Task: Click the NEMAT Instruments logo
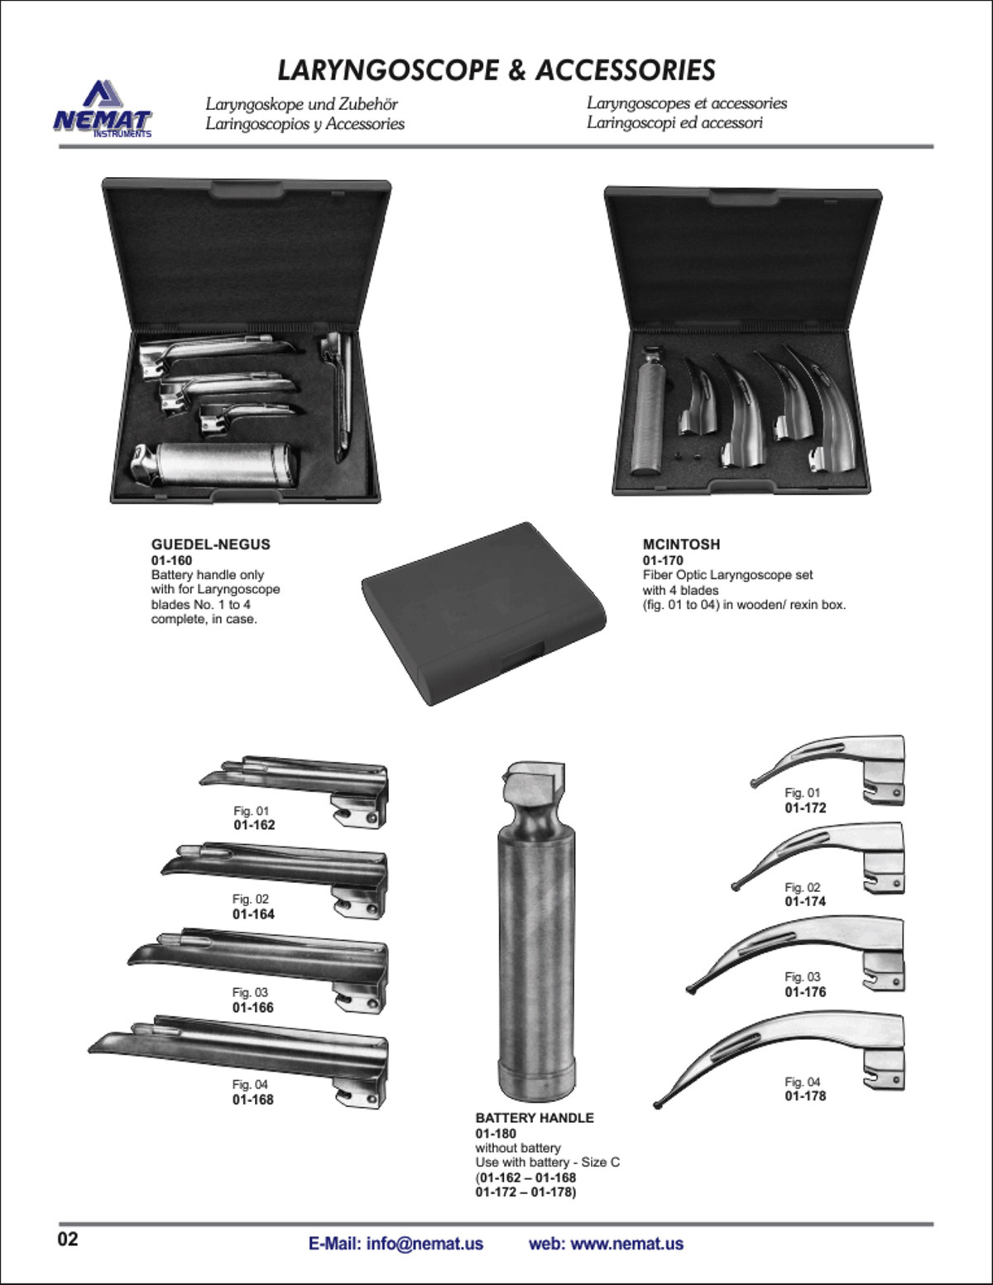[x=103, y=109]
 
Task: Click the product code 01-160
[x=171, y=560]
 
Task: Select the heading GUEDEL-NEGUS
[x=210, y=544]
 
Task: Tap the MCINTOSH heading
[x=681, y=544]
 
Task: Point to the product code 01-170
[x=663, y=560]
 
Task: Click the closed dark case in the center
[x=484, y=614]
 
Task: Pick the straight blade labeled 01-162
[x=294, y=791]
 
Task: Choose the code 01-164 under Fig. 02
[x=254, y=914]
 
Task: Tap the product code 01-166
[x=253, y=1008]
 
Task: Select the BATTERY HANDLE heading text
[x=535, y=1118]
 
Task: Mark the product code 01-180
[x=496, y=1134]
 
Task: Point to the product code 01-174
[x=805, y=901]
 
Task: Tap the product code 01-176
[x=805, y=992]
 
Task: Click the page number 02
[x=68, y=1239]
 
